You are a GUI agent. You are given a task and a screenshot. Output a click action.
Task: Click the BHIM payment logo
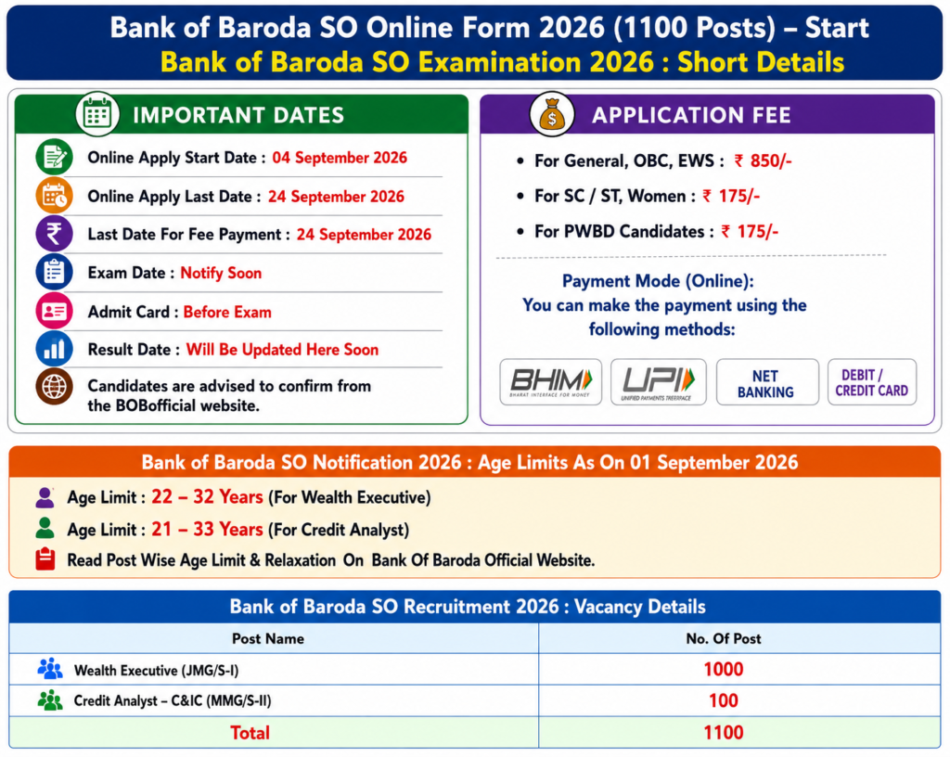pyautogui.click(x=551, y=381)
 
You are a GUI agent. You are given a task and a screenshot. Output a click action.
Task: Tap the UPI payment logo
pyautogui.click(x=659, y=381)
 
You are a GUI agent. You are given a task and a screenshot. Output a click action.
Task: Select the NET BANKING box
pyautogui.click(x=767, y=382)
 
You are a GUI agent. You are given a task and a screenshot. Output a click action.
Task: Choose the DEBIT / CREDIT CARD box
pyautogui.click(x=872, y=382)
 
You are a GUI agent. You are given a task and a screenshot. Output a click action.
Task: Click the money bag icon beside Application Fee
pyautogui.click(x=551, y=114)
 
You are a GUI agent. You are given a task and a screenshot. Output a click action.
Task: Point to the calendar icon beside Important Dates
pyautogui.click(x=97, y=114)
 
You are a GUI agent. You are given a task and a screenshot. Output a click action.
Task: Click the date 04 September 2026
pyautogui.click(x=340, y=158)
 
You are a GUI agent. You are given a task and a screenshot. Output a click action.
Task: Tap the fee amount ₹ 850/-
pyautogui.click(x=763, y=160)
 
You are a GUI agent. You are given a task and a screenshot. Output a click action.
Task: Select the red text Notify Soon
pyautogui.click(x=221, y=273)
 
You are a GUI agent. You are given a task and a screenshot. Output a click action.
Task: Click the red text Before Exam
pyautogui.click(x=227, y=312)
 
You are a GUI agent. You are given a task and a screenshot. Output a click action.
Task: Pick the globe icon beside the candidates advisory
pyautogui.click(x=54, y=386)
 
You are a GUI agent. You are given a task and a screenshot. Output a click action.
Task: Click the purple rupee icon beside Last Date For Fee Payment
pyautogui.click(x=54, y=234)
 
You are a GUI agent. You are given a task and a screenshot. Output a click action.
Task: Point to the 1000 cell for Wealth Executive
pyautogui.click(x=724, y=669)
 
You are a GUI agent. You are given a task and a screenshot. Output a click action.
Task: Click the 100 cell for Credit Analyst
pyautogui.click(x=724, y=700)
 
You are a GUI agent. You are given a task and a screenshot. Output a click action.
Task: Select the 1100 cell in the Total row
pyautogui.click(x=724, y=732)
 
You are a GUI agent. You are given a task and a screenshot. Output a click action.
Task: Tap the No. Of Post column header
pyautogui.click(x=724, y=638)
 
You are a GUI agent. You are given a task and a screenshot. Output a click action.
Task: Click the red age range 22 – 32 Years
pyautogui.click(x=207, y=496)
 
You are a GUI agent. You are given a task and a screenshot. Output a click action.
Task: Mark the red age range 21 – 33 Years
pyautogui.click(x=207, y=530)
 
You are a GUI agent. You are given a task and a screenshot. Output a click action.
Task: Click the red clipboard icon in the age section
pyautogui.click(x=45, y=559)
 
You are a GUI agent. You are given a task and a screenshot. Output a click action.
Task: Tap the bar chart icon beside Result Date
pyautogui.click(x=54, y=349)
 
